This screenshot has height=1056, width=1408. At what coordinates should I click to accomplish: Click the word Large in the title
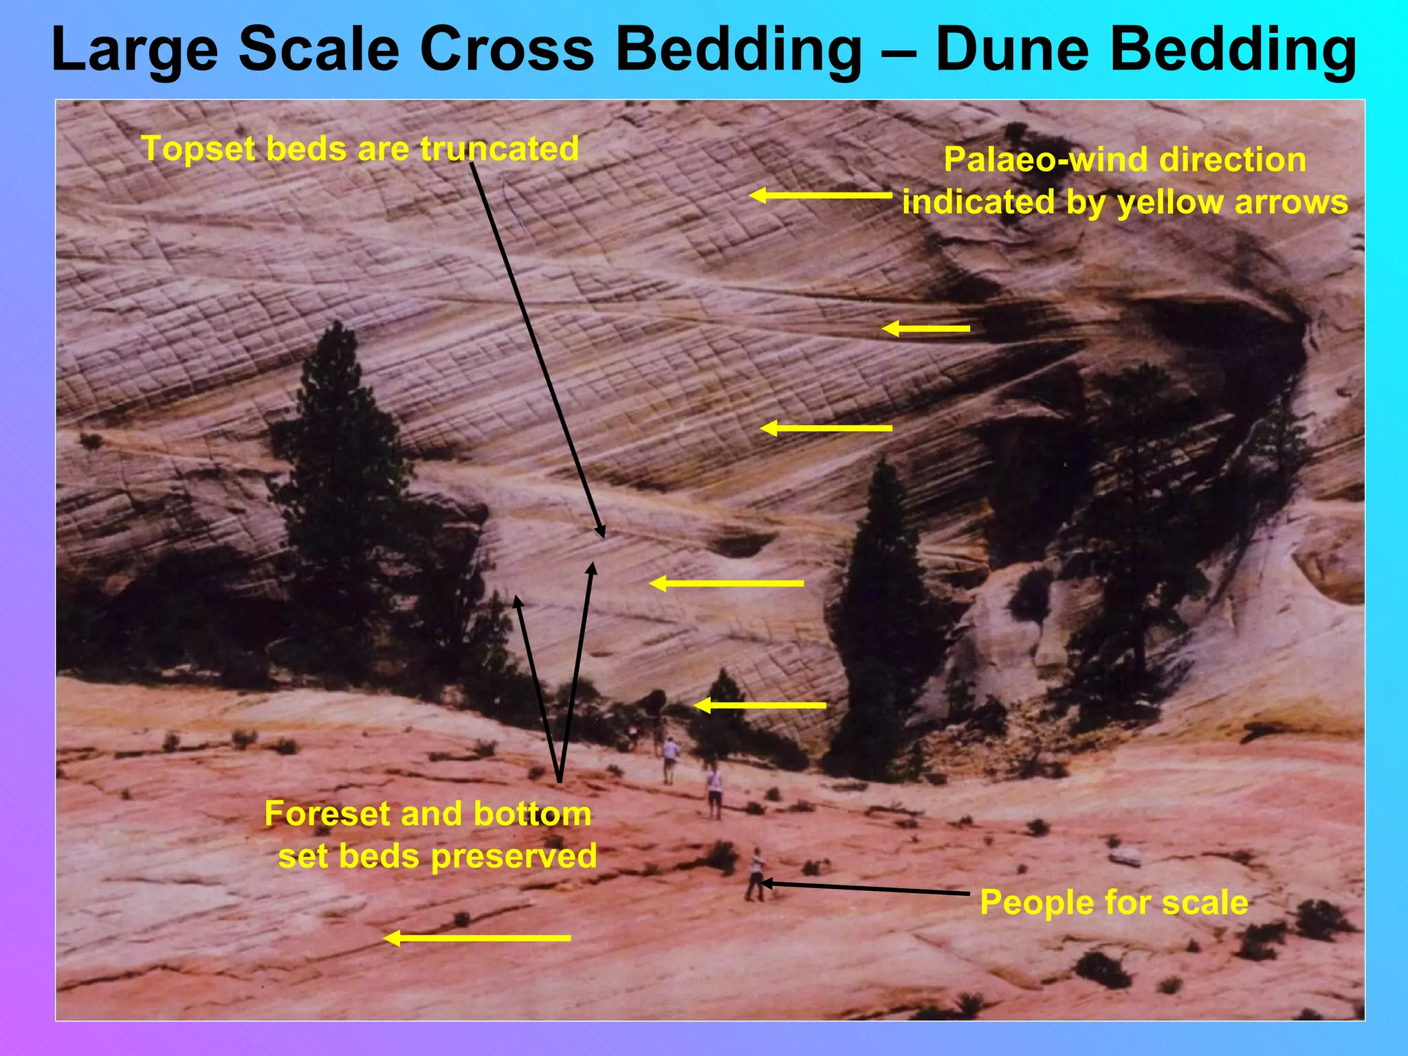click(135, 49)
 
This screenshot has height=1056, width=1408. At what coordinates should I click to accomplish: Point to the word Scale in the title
click(318, 49)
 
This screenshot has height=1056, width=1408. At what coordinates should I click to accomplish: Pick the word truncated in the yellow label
click(499, 148)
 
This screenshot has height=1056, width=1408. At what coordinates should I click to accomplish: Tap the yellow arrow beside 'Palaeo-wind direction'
click(820, 196)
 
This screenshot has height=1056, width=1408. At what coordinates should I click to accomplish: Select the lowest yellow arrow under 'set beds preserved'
click(477, 938)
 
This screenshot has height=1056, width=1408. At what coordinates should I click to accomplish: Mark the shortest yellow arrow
click(925, 329)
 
